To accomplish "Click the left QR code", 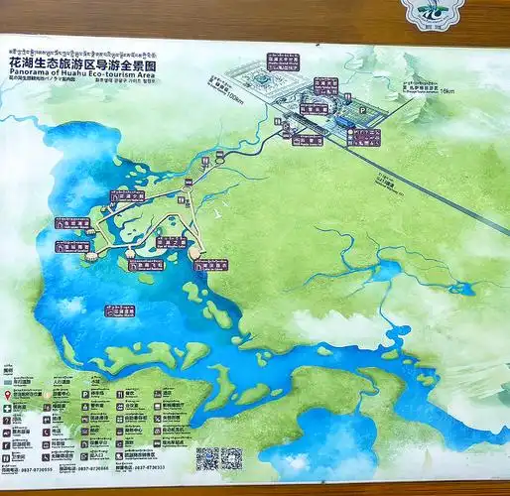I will (x=206, y=458).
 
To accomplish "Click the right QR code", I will (x=232, y=458).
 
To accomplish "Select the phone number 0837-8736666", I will (x=95, y=468).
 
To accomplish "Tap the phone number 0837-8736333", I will (x=151, y=468).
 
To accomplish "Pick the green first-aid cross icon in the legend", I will (x=9, y=407).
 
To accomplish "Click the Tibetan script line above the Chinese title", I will (x=81, y=50).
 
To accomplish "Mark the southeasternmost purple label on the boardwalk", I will (x=214, y=265).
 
